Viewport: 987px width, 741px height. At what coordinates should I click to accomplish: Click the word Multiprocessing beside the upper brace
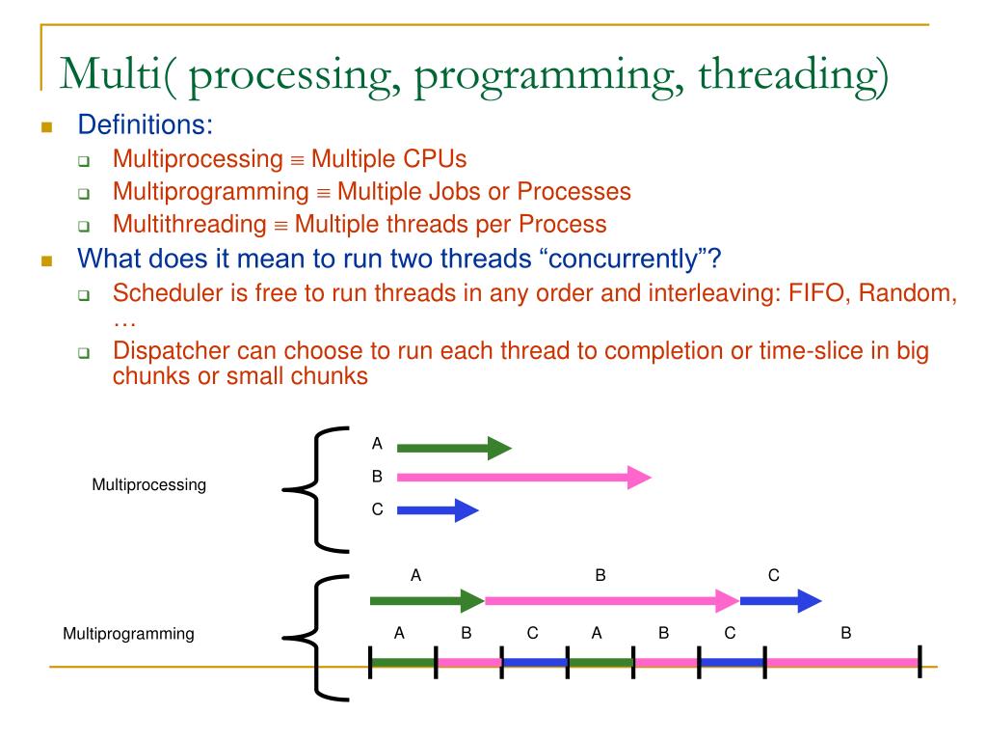pyautogui.click(x=148, y=485)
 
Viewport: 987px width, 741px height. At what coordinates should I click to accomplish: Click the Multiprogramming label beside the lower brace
pyautogui.click(x=128, y=634)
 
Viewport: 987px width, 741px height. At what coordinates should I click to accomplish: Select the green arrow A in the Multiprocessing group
pyautogui.click(x=453, y=448)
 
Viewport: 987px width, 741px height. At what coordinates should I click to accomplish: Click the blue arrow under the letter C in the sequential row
pyautogui.click(x=780, y=602)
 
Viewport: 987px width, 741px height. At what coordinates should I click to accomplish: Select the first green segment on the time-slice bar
pyautogui.click(x=403, y=662)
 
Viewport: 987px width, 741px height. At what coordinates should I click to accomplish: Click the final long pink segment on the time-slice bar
pyautogui.click(x=841, y=662)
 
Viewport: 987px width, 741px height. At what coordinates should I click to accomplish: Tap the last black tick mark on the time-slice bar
pyautogui.click(x=920, y=661)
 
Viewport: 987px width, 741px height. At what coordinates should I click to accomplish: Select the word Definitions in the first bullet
pyautogui.click(x=144, y=126)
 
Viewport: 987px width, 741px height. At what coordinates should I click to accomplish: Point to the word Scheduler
pyautogui.click(x=160, y=292)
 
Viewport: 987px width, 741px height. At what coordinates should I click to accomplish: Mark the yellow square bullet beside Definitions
pyautogui.click(x=45, y=127)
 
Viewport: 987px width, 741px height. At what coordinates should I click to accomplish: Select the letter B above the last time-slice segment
pyautogui.click(x=845, y=633)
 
